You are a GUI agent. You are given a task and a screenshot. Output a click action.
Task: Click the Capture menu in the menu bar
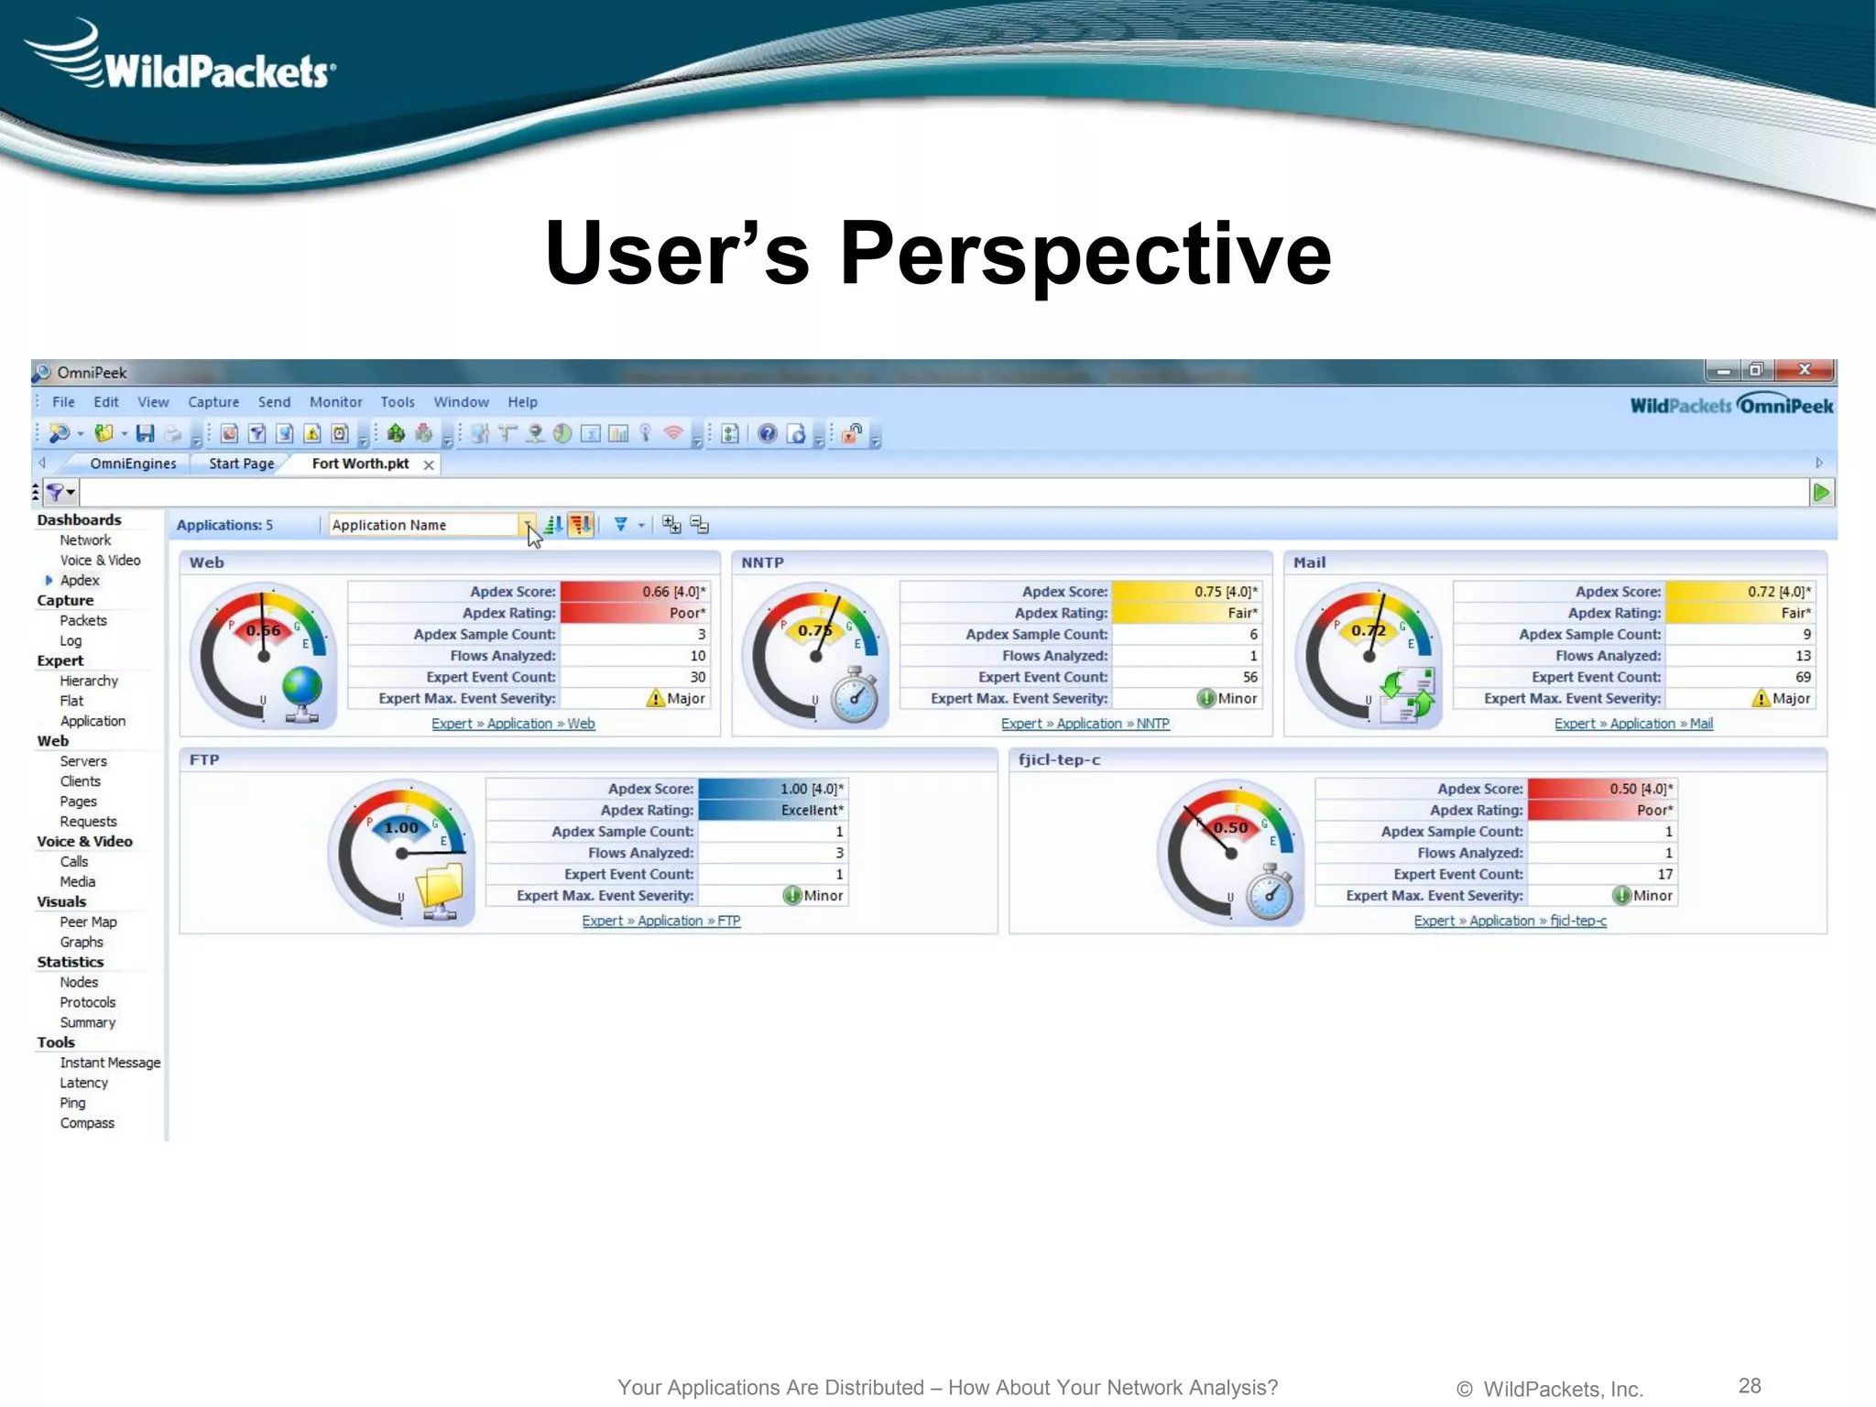point(213,402)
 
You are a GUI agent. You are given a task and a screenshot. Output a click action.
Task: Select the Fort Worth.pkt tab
point(360,464)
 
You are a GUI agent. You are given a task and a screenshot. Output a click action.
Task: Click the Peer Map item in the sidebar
point(88,922)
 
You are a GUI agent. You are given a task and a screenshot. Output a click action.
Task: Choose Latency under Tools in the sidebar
point(83,1083)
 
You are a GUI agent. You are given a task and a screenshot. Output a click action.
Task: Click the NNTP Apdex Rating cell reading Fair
point(1185,613)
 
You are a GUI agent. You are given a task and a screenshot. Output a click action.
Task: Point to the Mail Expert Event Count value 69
point(1802,677)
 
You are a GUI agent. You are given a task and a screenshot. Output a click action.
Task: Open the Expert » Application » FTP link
point(660,921)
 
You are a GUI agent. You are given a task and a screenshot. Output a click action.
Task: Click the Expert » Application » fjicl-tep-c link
point(1510,921)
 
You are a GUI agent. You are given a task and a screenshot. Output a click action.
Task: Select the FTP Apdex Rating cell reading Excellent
point(773,810)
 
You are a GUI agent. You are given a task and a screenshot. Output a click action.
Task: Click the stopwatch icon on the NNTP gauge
point(855,696)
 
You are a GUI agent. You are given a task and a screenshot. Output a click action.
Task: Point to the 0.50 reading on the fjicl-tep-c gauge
point(1230,827)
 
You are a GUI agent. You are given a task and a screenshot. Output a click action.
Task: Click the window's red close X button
point(1804,370)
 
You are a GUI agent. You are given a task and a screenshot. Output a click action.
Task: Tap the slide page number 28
point(1750,1385)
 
